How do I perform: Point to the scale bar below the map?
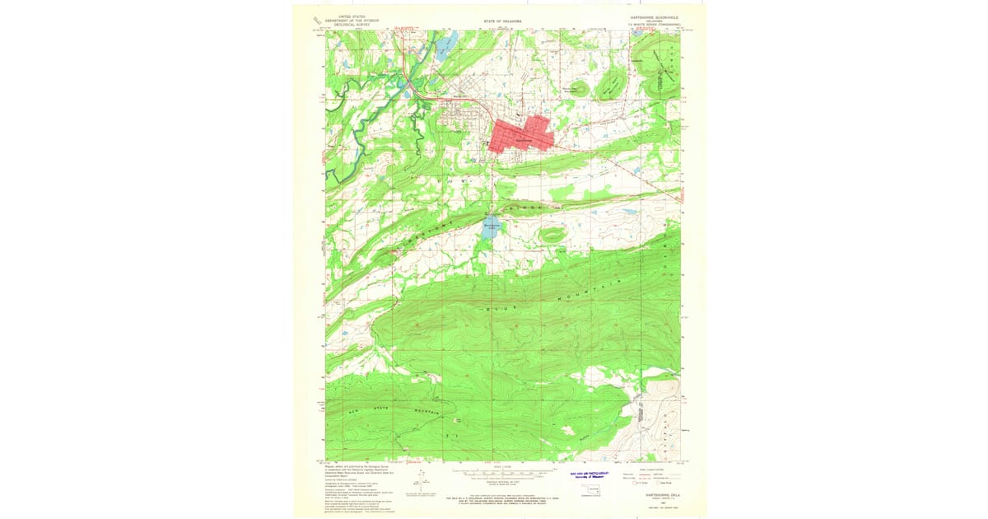pyautogui.click(x=503, y=475)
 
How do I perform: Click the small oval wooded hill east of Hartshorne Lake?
pyautogui.click(x=551, y=235)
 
